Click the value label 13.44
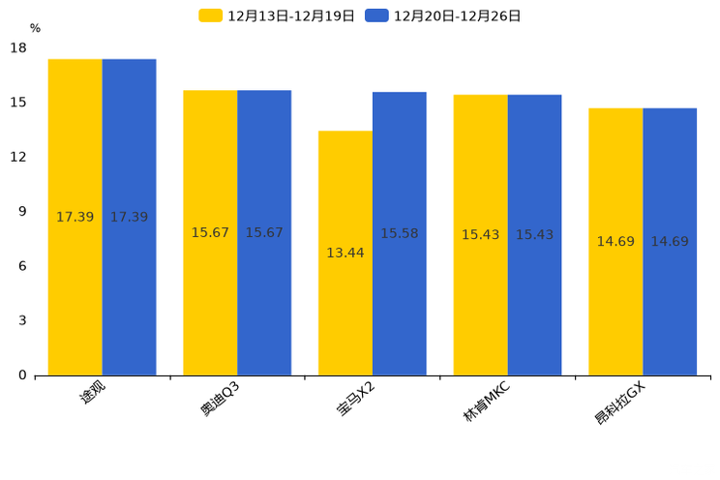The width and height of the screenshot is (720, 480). click(345, 254)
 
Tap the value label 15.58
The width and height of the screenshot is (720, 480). click(399, 234)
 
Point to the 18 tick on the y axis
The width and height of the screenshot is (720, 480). click(18, 48)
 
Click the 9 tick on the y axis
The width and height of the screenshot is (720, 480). click(22, 212)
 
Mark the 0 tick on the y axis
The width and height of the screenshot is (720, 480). click(22, 375)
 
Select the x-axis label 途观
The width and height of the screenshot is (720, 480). click(93, 393)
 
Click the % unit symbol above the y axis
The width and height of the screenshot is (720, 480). click(35, 29)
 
